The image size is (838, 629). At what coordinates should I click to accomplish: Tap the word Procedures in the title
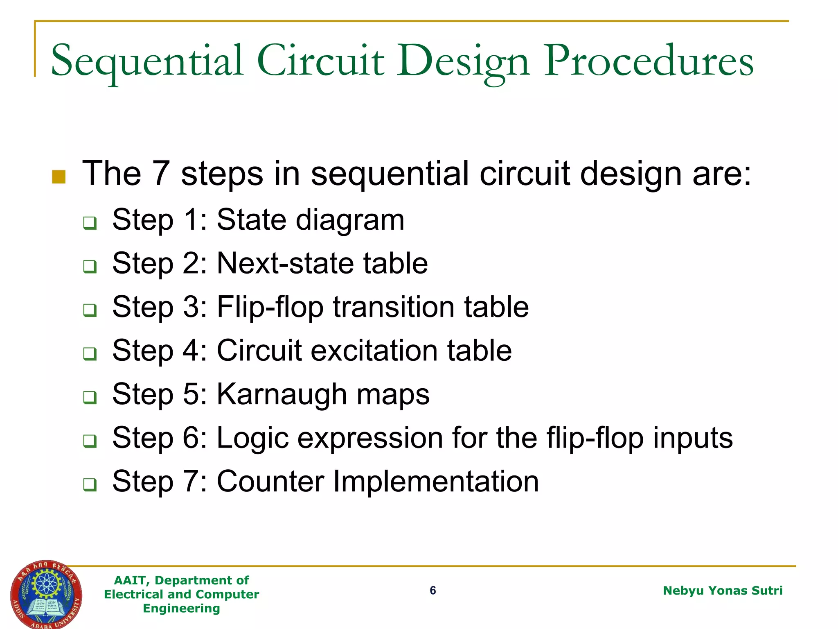point(649,61)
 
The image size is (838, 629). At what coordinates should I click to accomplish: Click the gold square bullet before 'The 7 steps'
point(59,176)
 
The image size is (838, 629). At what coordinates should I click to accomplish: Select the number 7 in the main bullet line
point(160,174)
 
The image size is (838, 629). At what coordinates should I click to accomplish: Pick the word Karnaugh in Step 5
point(282,395)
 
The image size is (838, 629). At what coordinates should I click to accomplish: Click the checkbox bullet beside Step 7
point(90,484)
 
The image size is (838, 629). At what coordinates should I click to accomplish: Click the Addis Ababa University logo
point(46,594)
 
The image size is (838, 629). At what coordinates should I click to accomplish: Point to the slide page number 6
point(433,591)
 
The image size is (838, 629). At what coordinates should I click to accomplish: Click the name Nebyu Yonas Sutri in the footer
point(722,591)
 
